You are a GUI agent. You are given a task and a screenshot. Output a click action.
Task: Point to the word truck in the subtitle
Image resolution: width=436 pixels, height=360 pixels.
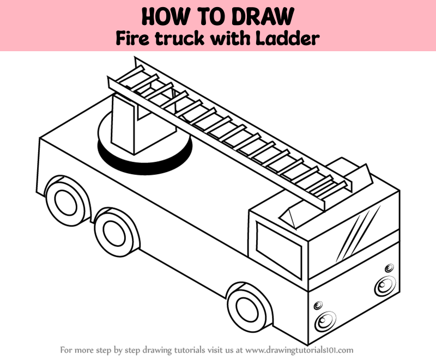[179, 39]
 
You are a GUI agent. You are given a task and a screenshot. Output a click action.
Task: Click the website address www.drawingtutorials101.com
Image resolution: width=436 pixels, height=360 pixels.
[299, 350]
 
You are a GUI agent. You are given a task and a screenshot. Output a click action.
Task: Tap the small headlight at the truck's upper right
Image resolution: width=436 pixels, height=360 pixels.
[389, 268]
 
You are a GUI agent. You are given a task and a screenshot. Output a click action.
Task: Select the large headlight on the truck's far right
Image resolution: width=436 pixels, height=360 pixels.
[385, 285]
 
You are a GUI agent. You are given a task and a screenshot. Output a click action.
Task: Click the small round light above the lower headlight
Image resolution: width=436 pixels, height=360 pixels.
[318, 306]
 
